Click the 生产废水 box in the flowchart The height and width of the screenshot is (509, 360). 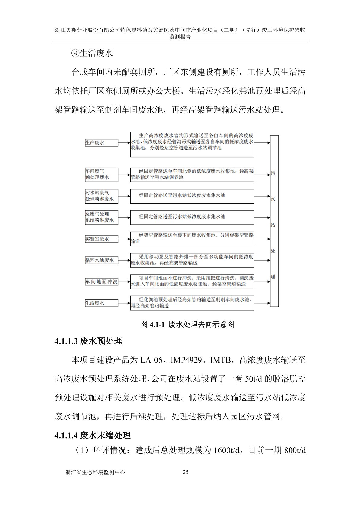tap(101, 143)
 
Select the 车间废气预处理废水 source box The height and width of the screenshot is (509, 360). tap(101, 175)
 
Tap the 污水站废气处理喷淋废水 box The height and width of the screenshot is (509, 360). tap(101, 196)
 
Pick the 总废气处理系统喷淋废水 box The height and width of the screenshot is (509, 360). tap(101, 217)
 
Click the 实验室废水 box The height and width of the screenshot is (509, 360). tap(101, 239)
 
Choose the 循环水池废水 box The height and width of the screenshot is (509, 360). tap(101, 260)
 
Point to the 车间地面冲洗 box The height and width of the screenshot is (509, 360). tap(101, 282)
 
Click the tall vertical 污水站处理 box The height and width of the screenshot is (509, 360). tap(274, 221)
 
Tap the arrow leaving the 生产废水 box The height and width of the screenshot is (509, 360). tap(124, 143)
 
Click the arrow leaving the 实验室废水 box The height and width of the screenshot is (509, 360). tap(124, 239)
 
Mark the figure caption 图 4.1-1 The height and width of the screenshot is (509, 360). tap(187, 325)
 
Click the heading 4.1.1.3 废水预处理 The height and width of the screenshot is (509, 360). tap(88, 341)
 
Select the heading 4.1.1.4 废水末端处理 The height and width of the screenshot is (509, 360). tap(93, 436)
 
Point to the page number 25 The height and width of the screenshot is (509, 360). tap(186, 472)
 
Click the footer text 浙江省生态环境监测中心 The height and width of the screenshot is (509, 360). tap(95, 472)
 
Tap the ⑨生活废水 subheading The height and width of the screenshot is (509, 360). tap(92, 53)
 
